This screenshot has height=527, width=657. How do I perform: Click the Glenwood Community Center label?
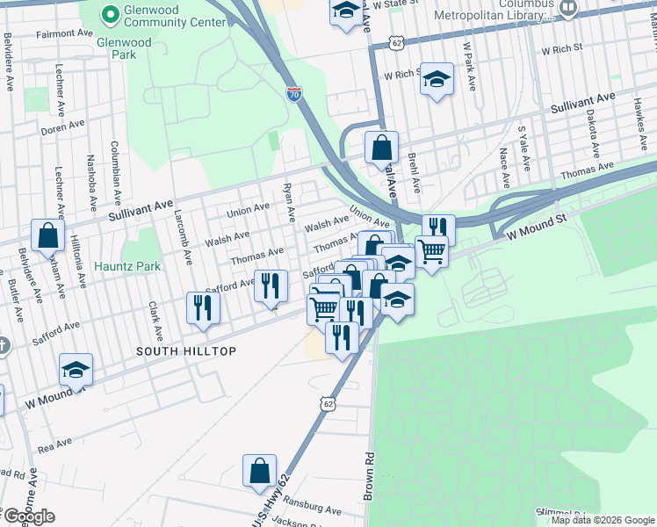163,14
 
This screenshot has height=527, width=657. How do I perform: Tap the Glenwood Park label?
124,48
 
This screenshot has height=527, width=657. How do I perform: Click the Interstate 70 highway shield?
294,94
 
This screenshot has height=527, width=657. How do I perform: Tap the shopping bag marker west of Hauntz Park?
47,235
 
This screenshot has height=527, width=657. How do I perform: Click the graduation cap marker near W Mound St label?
76,371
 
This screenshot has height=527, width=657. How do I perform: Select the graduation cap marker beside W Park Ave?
437,79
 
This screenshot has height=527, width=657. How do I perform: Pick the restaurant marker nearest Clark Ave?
203,308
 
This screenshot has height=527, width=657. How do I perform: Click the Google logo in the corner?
28,516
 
